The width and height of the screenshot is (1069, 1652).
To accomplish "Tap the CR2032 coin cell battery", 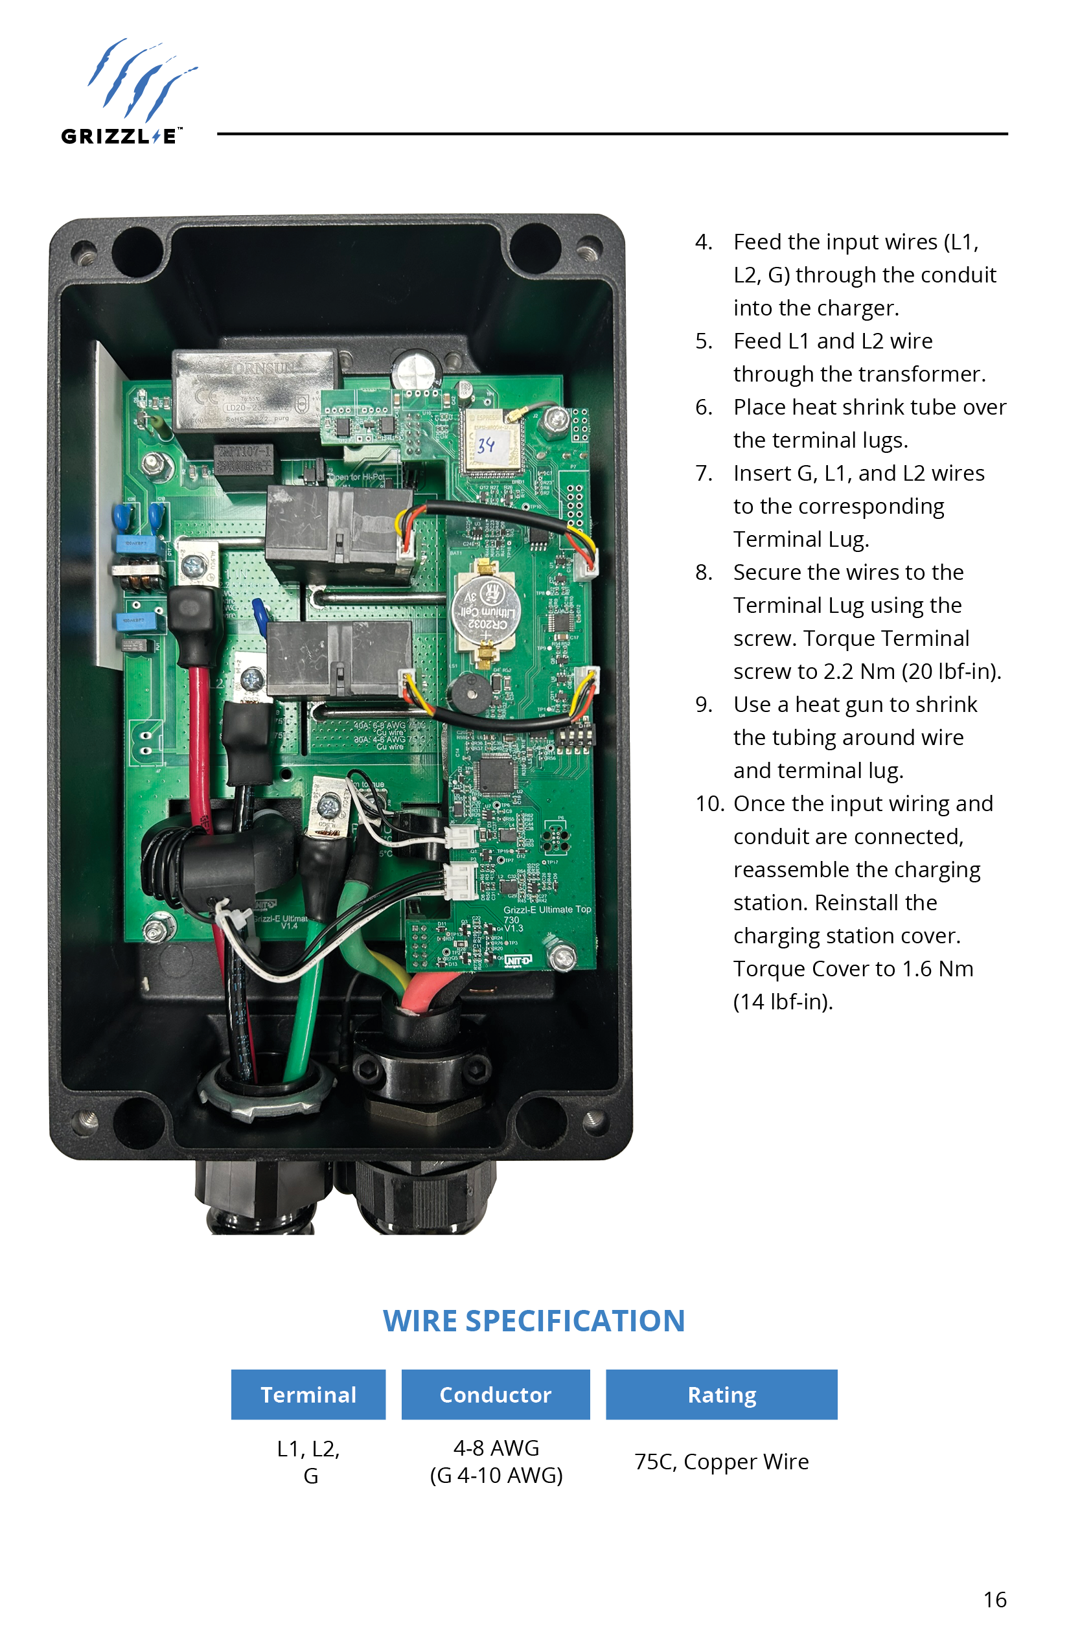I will click(485, 610).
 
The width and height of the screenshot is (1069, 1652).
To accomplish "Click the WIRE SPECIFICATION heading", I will click(534, 1320).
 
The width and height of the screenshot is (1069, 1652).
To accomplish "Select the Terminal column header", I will click(308, 1394).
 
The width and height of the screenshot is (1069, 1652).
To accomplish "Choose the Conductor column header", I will click(496, 1394).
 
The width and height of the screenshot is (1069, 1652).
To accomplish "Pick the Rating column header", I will click(721, 1394).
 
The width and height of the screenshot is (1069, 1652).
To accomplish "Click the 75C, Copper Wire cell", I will click(721, 1461).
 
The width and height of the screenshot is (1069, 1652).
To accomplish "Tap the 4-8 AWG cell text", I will click(496, 1448).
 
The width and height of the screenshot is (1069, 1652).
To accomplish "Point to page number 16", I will click(994, 1600).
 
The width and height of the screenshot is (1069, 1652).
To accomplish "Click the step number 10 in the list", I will click(709, 804).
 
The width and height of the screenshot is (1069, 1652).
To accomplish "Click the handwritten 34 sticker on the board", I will click(487, 445).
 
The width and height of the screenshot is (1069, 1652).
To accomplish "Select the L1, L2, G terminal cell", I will click(308, 1461).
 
